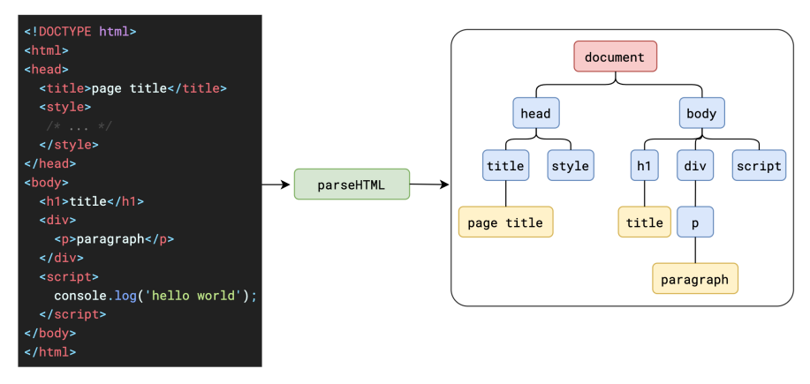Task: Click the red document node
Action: point(616,56)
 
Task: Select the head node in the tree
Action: point(535,112)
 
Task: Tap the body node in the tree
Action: point(701,112)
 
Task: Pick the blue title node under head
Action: point(505,165)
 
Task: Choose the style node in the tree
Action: point(571,165)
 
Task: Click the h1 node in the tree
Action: point(644,165)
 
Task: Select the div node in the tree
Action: point(695,165)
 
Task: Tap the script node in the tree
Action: point(759,165)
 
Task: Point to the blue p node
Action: point(695,222)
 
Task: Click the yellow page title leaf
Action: point(505,222)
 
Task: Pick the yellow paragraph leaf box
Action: point(695,279)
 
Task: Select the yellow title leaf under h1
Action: point(644,222)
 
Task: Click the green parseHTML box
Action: point(352,184)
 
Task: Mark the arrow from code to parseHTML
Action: point(276,184)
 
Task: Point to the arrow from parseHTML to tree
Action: point(429,184)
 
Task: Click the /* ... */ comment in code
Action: point(79,126)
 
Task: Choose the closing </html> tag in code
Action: point(50,352)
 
